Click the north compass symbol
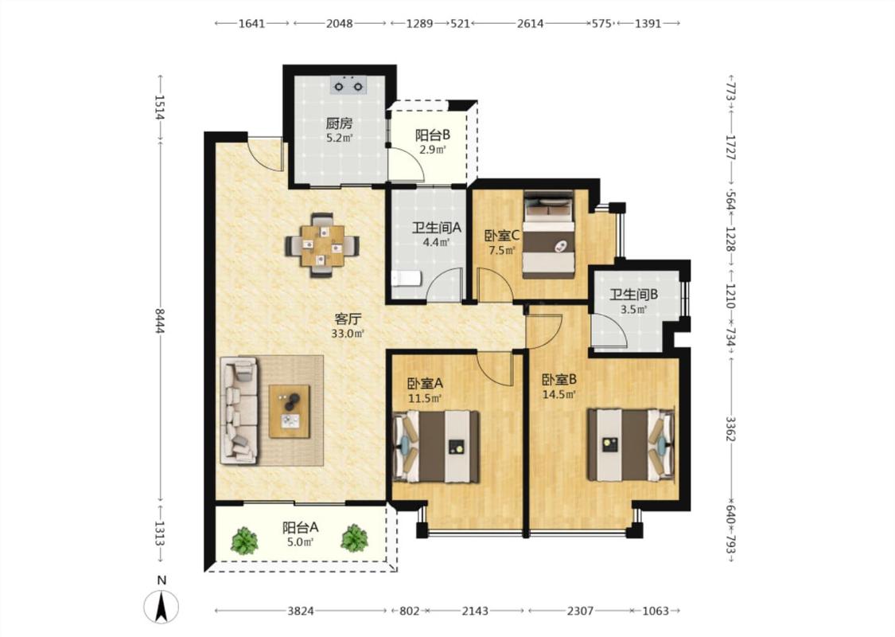(161, 606)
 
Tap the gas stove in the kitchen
(348, 86)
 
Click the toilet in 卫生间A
(406, 279)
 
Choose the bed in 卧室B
(631, 444)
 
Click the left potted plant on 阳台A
(244, 540)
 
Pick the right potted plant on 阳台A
(355, 538)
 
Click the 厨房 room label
(339, 123)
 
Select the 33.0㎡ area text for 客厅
(348, 334)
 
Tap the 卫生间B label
(633, 295)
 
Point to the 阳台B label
(433, 135)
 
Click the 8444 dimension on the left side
(161, 320)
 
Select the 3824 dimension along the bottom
(300, 611)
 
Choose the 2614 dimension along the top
(530, 23)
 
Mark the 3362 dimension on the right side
(730, 428)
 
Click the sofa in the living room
(239, 409)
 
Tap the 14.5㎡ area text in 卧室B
(558, 393)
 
